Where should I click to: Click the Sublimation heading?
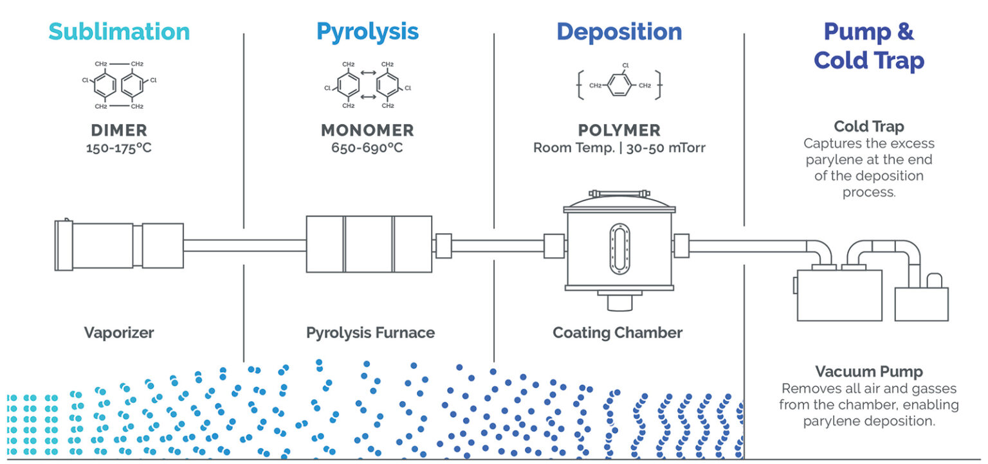(x=119, y=31)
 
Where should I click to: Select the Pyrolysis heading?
(x=367, y=31)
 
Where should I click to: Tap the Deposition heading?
(x=619, y=31)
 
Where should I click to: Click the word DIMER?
(x=119, y=130)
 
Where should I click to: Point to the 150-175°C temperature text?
(x=119, y=148)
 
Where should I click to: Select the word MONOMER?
(x=367, y=130)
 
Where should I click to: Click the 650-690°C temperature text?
(x=367, y=148)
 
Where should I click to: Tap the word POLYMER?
(x=619, y=130)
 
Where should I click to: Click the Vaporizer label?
(x=119, y=333)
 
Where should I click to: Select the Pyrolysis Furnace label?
(x=370, y=333)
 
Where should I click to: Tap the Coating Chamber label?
(x=617, y=333)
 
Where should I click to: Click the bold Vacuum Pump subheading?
(x=868, y=371)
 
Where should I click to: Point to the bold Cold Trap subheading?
(x=868, y=126)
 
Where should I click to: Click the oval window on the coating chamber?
(x=619, y=249)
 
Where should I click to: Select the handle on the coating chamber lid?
(x=619, y=193)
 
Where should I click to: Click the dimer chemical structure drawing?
(x=119, y=85)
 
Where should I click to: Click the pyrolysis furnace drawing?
(x=369, y=244)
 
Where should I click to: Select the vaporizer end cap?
(x=63, y=245)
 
